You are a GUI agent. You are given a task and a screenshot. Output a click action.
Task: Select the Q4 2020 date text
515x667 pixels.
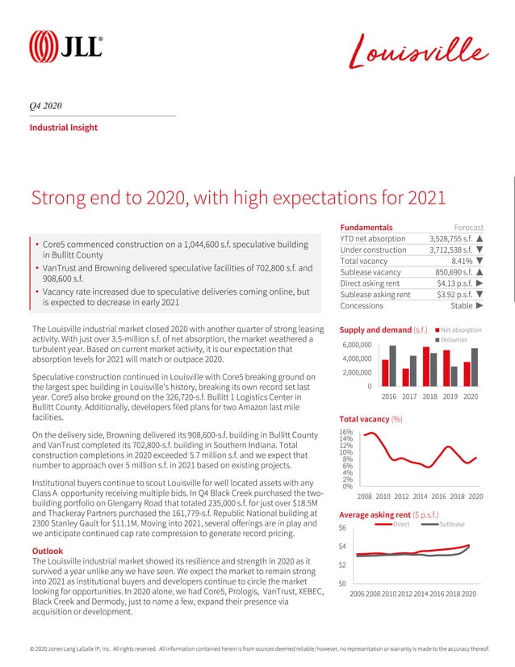46,107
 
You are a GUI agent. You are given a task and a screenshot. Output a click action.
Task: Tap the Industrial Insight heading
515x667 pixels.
64,128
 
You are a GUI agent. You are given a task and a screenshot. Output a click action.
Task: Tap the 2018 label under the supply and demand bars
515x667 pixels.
429,396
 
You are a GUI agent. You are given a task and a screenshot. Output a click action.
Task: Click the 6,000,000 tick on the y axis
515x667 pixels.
355,346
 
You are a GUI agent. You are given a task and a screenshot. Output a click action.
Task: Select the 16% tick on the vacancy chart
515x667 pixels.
346,433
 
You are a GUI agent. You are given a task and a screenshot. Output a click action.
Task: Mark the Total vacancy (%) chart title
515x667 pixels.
371,420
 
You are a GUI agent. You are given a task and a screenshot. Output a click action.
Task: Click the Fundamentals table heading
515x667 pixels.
366,227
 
